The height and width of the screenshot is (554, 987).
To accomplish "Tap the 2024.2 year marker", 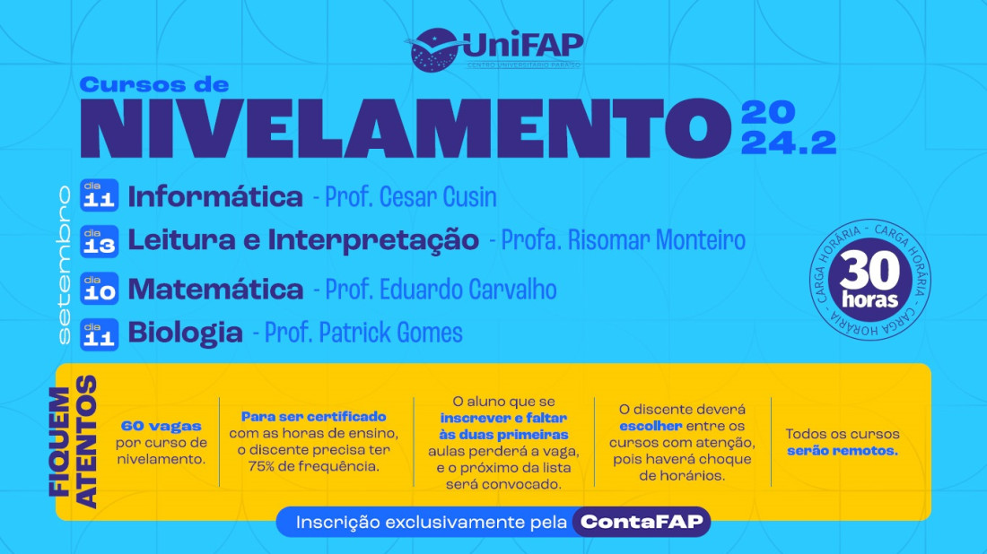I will pos(788,129).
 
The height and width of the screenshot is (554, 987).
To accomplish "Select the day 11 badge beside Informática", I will pos(99,195).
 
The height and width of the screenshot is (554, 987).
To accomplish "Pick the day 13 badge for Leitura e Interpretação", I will pos(99,240).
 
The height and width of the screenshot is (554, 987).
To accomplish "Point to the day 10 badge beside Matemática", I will pos(99,289).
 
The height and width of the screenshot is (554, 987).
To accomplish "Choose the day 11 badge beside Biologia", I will pos(99,333).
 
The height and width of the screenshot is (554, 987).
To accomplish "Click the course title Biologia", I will pos(186,333).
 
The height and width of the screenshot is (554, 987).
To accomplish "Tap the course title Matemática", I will pos(216,290).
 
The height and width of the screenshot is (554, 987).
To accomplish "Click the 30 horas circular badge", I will pos(869,281).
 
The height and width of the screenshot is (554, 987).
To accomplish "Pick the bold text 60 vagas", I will pos(162,426).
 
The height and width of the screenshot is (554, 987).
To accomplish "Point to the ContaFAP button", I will pos(641,522).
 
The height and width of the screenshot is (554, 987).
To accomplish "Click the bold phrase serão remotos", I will pos(842,451).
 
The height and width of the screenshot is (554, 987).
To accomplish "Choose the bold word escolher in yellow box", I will pos(651,426).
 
